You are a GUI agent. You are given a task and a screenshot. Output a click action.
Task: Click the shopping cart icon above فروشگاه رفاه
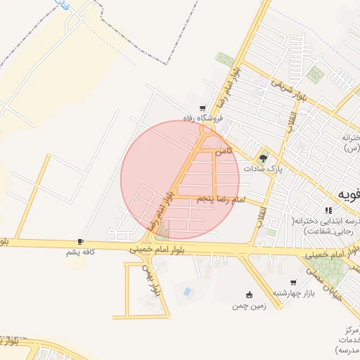tap(202, 108)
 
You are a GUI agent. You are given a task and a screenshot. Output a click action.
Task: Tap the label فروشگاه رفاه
tap(203, 118)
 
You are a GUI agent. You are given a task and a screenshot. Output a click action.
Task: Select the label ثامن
tap(224, 151)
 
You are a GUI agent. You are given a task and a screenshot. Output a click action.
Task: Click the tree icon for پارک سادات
tap(263, 158)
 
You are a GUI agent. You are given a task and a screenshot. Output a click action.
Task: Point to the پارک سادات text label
tap(263, 169)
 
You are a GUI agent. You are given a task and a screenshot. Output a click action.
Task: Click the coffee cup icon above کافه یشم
tap(80, 241)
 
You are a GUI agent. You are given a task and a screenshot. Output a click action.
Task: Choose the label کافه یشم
tap(79, 252)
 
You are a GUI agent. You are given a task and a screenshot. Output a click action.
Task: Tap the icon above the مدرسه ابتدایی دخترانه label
tap(328, 210)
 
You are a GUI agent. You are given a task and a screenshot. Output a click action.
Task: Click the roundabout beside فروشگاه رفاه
tap(205, 130)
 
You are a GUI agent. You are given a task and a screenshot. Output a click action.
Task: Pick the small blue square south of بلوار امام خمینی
tap(186, 291)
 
